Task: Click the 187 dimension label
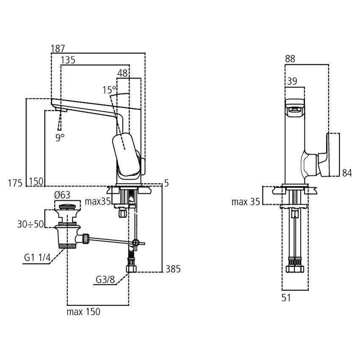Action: click(58, 48)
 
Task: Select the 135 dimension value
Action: click(68, 61)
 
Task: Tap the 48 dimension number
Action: click(122, 73)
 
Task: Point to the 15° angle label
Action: click(109, 90)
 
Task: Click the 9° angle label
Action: click(60, 137)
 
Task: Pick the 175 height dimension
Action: click(15, 182)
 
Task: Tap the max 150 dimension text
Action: click(83, 312)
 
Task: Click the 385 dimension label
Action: click(173, 269)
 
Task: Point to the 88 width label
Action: click(290, 59)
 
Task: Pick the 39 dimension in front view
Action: click(292, 82)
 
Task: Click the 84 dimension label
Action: click(347, 173)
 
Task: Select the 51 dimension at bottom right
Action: click(287, 298)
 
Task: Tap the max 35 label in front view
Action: click(246, 202)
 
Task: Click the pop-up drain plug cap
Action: click(67, 207)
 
